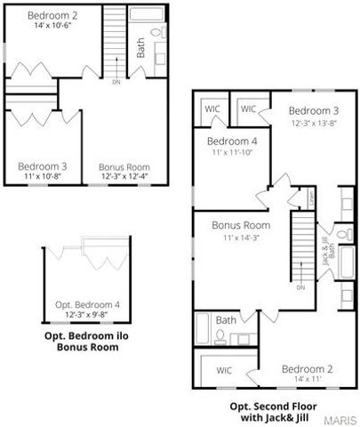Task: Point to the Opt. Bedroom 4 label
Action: tap(87, 304)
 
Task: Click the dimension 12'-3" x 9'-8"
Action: tap(87, 315)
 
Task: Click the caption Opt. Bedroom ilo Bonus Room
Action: tap(88, 342)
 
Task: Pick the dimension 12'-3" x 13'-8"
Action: tap(313, 122)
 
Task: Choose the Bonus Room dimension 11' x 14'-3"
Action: tap(240, 237)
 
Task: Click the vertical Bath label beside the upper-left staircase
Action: tap(140, 47)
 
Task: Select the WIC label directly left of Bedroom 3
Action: tap(248, 109)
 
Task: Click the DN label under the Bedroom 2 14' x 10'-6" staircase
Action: tap(116, 83)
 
